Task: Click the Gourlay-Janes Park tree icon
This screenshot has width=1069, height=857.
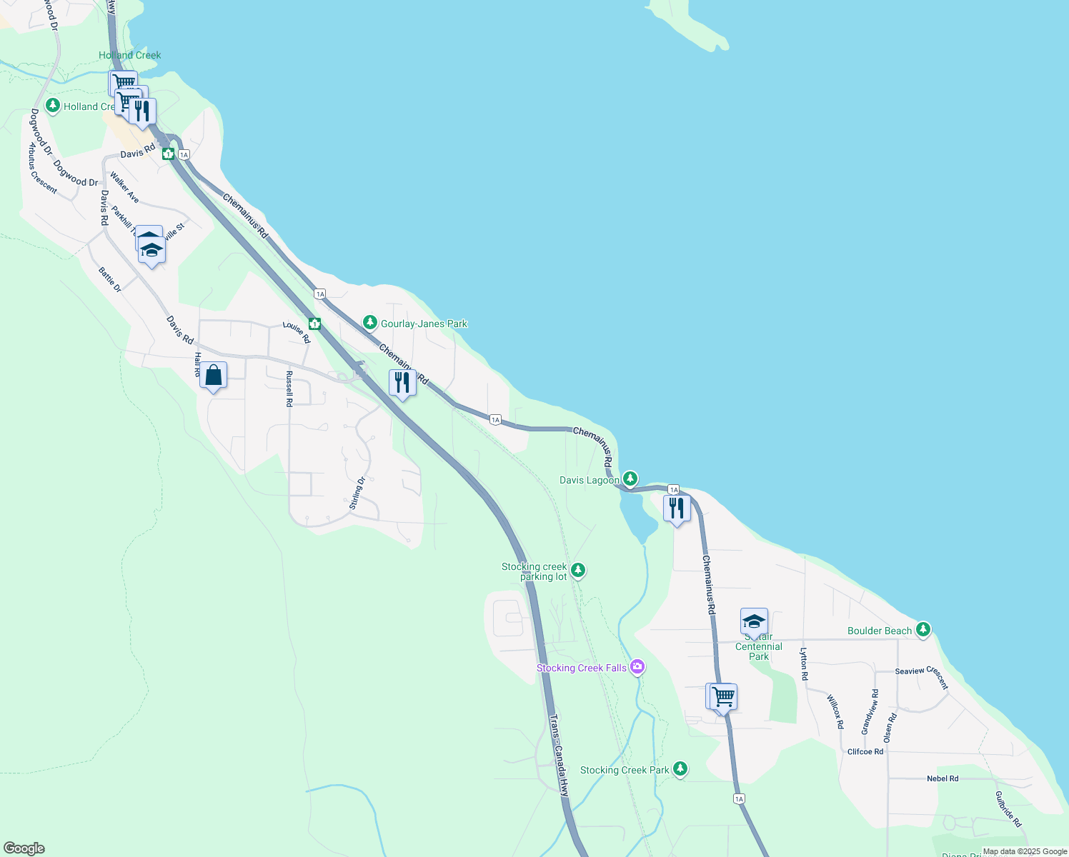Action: pos(369,323)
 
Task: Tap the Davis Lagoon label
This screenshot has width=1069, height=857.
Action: pos(589,480)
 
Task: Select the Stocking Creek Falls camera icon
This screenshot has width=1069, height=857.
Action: pos(637,667)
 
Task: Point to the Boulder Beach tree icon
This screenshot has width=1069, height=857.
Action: pos(924,629)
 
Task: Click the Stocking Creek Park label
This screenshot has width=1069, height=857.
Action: pos(624,770)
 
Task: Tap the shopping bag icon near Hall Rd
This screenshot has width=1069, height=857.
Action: pos(214,376)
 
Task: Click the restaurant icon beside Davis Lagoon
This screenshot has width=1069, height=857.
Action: pos(676,508)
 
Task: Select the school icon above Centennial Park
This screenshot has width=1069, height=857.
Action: pos(754,622)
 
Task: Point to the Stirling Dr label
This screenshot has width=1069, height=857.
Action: pos(357,493)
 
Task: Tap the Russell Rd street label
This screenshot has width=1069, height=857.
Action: pos(289,389)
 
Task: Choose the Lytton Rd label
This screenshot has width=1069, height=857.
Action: pos(803,663)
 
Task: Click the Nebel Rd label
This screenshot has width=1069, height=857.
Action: pos(943,778)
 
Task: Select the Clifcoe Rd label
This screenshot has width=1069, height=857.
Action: pos(865,751)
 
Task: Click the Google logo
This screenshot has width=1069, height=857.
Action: pos(24,848)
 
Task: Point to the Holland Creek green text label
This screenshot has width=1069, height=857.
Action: pos(129,55)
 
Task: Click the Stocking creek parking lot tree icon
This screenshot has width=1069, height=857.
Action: pos(579,570)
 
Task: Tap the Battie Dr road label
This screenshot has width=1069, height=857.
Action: pos(110,279)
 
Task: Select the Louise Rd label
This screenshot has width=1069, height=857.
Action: pos(296,331)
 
